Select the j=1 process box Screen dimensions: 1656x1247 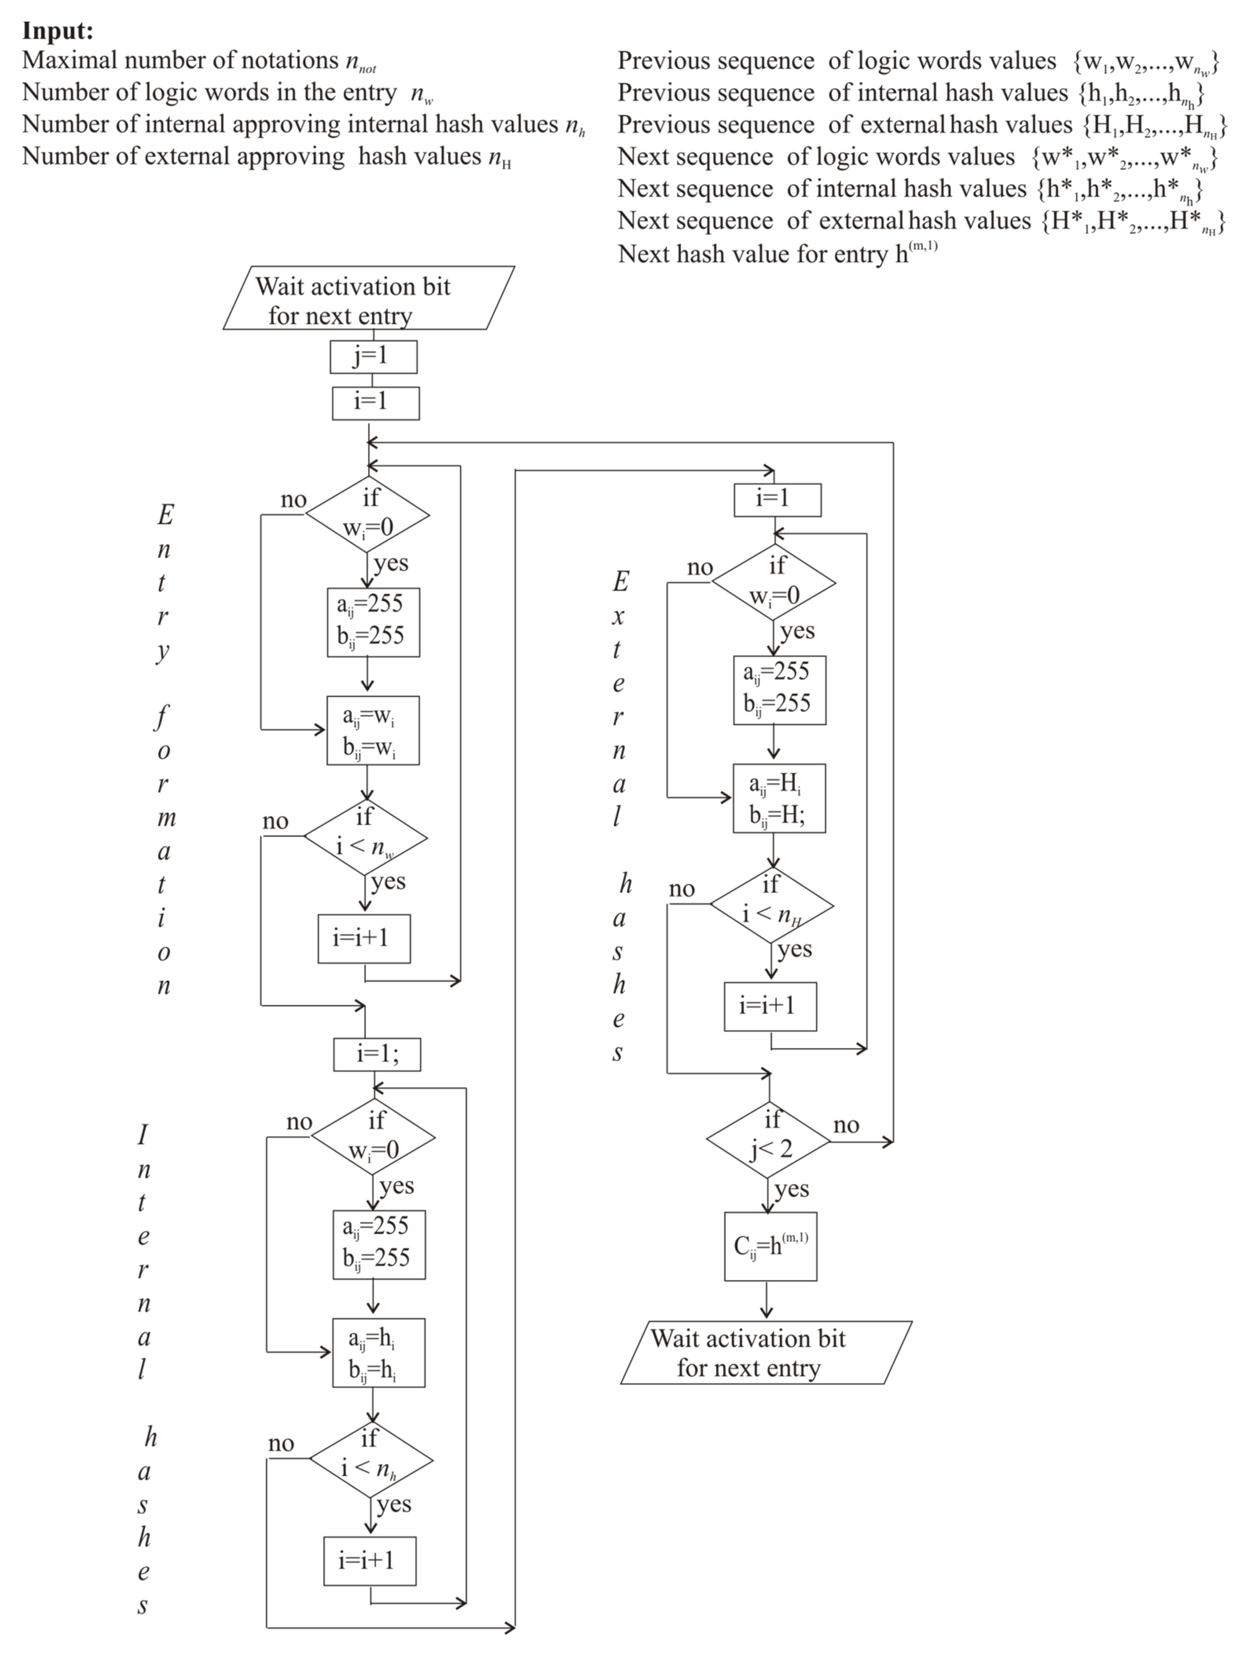[373, 357]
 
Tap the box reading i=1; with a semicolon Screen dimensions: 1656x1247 [376, 1054]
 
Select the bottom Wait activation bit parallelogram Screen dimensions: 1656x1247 [766, 1352]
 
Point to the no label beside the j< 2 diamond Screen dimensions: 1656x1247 [846, 1125]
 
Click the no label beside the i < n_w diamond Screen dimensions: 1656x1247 [275, 821]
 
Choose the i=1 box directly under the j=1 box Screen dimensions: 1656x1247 [375, 403]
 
